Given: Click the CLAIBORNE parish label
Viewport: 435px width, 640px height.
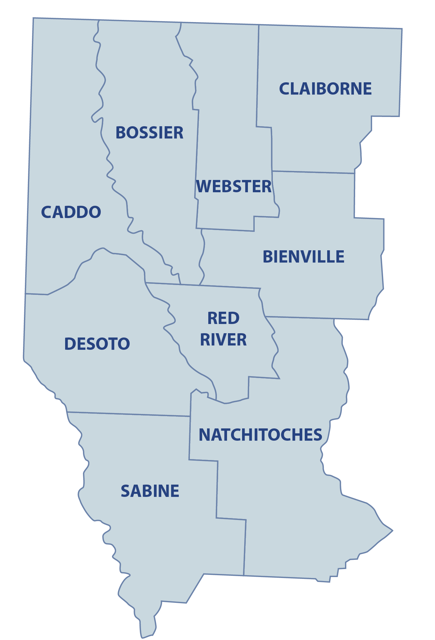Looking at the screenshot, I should (325, 89).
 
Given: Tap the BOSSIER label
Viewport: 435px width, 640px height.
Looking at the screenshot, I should (149, 133).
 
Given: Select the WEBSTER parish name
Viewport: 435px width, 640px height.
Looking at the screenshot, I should (233, 186).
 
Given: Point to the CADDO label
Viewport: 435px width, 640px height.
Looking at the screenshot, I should (71, 212).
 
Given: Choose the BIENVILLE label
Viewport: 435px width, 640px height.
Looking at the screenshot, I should (303, 257).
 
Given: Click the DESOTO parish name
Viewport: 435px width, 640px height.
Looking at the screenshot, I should (97, 344).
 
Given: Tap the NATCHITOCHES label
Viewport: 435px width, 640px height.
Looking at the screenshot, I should (260, 435).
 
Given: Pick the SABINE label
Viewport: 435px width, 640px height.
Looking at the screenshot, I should (150, 491).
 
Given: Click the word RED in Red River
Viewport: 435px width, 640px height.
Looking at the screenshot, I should (223, 318).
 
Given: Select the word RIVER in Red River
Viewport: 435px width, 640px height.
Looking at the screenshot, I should (223, 340).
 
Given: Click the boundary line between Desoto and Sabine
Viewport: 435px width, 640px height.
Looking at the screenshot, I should (129, 414).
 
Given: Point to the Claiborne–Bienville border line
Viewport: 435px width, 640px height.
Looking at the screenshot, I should (313, 172).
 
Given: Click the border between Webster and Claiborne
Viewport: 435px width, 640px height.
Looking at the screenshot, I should (258, 77).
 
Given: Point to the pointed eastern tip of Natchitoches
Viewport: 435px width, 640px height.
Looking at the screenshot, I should (392, 530).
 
